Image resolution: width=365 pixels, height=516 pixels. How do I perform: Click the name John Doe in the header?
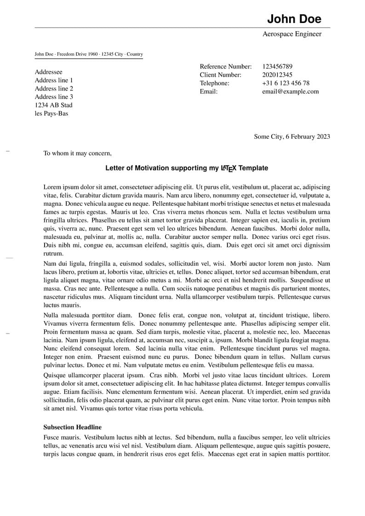(x=294, y=19)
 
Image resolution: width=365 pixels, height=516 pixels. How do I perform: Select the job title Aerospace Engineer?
(x=292, y=34)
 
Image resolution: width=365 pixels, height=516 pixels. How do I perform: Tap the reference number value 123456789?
(x=277, y=67)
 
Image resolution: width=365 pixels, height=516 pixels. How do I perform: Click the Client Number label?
(x=220, y=75)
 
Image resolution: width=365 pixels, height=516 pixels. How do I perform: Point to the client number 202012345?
(x=277, y=75)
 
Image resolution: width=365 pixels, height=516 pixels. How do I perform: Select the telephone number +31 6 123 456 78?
(x=285, y=83)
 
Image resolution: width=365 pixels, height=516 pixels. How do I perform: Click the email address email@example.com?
(x=290, y=91)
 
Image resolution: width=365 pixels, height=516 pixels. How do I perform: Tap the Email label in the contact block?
(x=208, y=91)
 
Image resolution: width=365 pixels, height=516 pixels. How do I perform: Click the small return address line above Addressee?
(x=89, y=54)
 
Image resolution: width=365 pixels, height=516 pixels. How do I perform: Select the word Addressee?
(x=49, y=72)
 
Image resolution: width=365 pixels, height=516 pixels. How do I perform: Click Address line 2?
(x=54, y=89)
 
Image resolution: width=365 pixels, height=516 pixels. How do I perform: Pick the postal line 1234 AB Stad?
(x=54, y=105)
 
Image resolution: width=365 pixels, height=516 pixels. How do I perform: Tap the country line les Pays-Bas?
(x=51, y=113)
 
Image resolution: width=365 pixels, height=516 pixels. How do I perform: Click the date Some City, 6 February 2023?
(x=291, y=136)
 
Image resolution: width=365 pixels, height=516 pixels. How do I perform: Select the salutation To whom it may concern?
(x=77, y=153)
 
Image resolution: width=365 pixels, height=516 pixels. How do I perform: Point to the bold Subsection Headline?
(x=73, y=427)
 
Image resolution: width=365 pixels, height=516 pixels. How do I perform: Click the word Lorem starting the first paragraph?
(x=52, y=187)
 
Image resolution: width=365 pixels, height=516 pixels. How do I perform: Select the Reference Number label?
(x=226, y=67)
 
